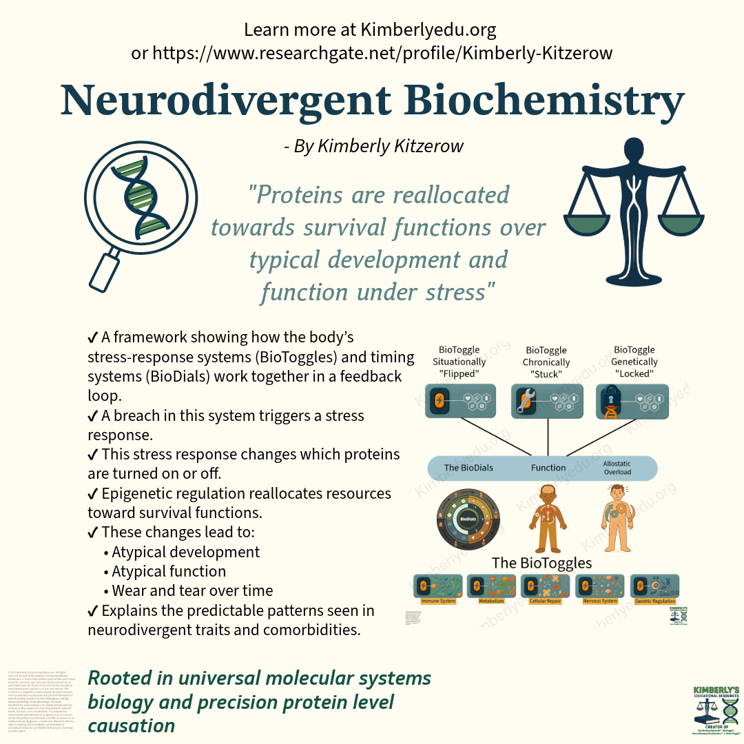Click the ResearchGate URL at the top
(372, 53)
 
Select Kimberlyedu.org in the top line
(428, 30)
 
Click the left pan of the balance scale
(590, 222)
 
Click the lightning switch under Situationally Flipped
(439, 401)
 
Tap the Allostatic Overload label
(617, 468)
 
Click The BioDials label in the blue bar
(468, 468)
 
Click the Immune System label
(439, 601)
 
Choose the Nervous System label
(600, 601)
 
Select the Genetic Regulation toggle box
(654, 586)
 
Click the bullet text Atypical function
(169, 571)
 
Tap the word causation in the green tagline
(132, 725)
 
